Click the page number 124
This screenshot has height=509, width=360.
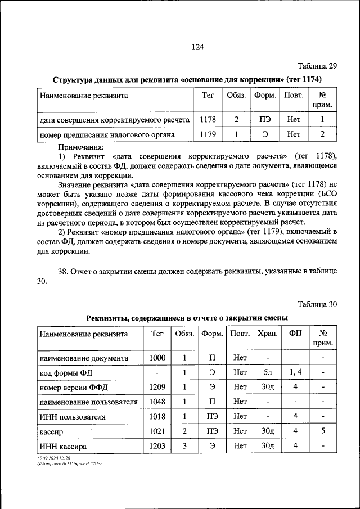tap(196, 47)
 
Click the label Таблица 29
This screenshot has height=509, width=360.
tap(317, 66)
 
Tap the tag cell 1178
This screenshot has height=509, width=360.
tap(204, 120)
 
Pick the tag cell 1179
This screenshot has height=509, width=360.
tap(204, 135)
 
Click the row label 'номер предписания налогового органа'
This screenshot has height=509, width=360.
tap(107, 135)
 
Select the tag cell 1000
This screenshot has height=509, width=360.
tap(157, 358)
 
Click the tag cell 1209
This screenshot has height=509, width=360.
tap(157, 387)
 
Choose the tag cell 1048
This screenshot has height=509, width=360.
tap(157, 402)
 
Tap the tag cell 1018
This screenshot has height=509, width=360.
tap(157, 417)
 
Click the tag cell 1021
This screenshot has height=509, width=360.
tap(157, 431)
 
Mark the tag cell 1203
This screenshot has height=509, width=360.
tap(157, 446)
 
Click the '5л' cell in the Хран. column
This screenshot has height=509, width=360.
tap(268, 372)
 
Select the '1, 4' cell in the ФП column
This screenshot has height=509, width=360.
tap(295, 372)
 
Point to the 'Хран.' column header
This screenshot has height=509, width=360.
tap(268, 334)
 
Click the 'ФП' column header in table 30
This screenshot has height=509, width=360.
tap(295, 334)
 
